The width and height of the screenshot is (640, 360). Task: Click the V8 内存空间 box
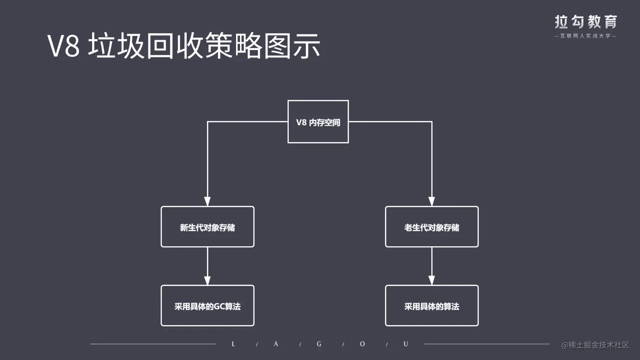click(x=318, y=122)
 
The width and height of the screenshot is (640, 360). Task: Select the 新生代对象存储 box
click(x=207, y=227)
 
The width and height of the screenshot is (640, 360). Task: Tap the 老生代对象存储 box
click(x=432, y=227)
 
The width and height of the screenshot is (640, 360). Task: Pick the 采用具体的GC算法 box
click(x=207, y=305)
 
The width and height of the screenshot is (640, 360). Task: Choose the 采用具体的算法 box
click(x=432, y=305)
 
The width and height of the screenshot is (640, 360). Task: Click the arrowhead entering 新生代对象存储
click(x=207, y=201)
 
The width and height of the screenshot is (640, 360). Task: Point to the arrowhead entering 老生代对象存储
click(x=432, y=201)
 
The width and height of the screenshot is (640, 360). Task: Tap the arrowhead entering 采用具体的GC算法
click(x=207, y=280)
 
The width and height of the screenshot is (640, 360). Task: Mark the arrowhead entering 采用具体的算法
click(x=432, y=280)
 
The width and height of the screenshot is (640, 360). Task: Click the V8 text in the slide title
click(x=63, y=46)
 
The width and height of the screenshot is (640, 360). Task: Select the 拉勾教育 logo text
click(x=586, y=22)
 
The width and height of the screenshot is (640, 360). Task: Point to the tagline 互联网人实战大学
click(x=586, y=36)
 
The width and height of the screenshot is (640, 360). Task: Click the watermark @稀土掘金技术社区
click(x=595, y=345)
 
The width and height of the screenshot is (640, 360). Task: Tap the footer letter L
click(x=233, y=344)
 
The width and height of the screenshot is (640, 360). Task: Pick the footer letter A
click(x=276, y=344)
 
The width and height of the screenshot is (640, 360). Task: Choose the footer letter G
click(x=319, y=344)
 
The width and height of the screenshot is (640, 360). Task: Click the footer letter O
click(x=362, y=344)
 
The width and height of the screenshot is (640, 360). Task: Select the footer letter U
click(x=406, y=344)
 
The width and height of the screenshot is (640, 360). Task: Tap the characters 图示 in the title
click(x=292, y=46)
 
